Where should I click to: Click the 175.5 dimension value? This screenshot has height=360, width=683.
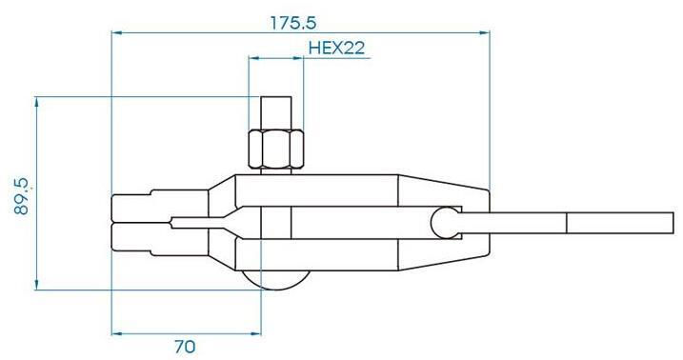click(x=293, y=23)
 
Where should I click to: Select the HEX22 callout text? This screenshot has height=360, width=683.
click(x=336, y=48)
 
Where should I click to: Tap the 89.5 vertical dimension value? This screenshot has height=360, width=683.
click(x=22, y=196)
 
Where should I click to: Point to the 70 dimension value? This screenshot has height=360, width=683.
click(x=185, y=347)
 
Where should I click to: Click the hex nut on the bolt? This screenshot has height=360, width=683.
click(x=275, y=149)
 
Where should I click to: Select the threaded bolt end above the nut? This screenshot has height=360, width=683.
click(x=275, y=112)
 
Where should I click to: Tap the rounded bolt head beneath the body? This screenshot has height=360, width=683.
click(x=275, y=280)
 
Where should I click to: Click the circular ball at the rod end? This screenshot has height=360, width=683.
click(x=444, y=223)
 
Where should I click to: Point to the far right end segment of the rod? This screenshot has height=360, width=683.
click(x=620, y=223)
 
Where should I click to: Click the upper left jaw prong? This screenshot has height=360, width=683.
click(x=160, y=206)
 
